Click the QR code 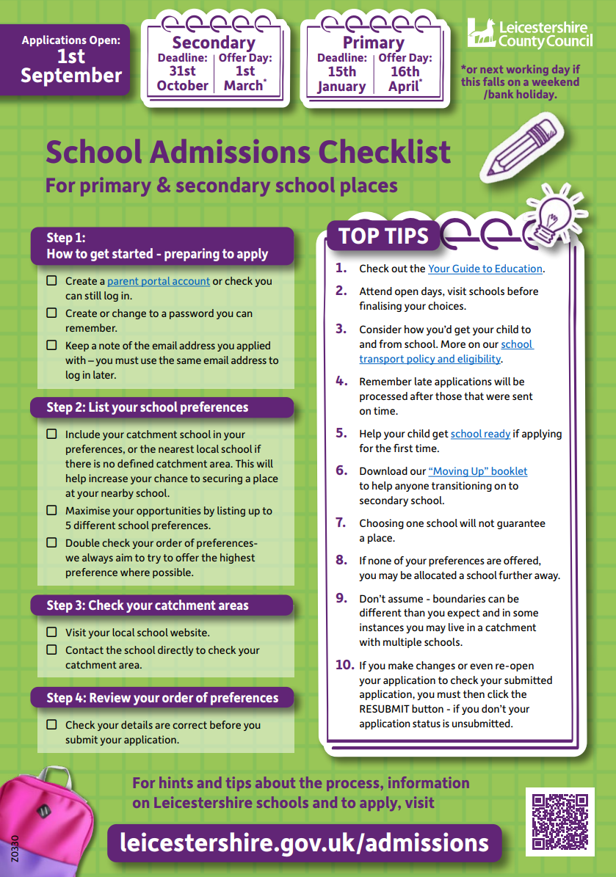point(559,821)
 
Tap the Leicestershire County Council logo point(529,33)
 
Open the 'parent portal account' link point(159,281)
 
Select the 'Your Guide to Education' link point(485,269)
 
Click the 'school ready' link point(480,434)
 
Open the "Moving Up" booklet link point(477,471)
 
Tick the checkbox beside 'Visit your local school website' point(51,632)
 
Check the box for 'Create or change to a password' point(51,313)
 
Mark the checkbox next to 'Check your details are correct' point(51,724)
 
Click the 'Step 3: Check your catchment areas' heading point(148,605)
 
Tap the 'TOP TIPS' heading point(383,236)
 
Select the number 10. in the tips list point(344,665)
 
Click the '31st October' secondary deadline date point(182,79)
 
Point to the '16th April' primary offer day point(405,79)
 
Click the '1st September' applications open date point(71,66)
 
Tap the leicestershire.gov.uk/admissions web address point(305,843)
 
